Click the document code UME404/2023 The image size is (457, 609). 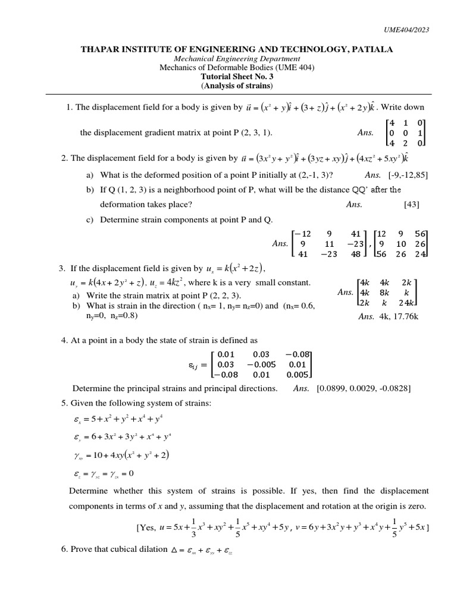pyautogui.click(x=406, y=30)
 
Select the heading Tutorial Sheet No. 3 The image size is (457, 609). pyautogui.click(x=236, y=77)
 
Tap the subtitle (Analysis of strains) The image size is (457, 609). pyautogui.click(x=236, y=86)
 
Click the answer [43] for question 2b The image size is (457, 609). pyautogui.click(x=411, y=205)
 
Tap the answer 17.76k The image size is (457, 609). pyautogui.click(x=407, y=317)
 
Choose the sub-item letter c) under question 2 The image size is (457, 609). pyautogui.click(x=90, y=220)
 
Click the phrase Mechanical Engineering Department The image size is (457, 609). pyautogui.click(x=236, y=59)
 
